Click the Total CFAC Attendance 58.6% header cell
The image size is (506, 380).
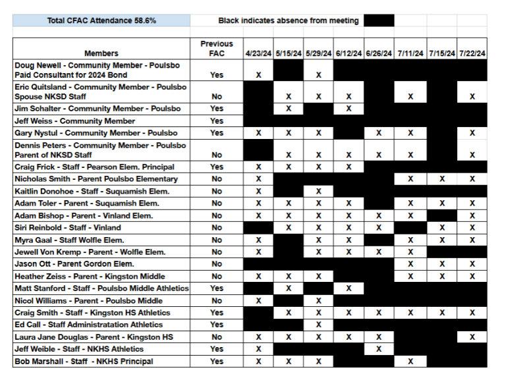click(x=101, y=20)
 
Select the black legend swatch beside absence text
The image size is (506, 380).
click(x=379, y=20)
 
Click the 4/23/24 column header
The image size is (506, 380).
click(x=258, y=53)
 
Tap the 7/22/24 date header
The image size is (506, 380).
click(x=472, y=53)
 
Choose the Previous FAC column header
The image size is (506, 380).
click(x=217, y=49)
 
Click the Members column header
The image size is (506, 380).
click(x=101, y=53)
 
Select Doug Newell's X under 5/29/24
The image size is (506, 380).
click(x=318, y=75)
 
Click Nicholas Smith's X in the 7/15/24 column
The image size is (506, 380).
click(x=441, y=178)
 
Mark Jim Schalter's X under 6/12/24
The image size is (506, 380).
click(x=349, y=108)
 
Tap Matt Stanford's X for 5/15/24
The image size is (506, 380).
click(x=289, y=288)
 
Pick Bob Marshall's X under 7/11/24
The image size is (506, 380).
click(x=410, y=361)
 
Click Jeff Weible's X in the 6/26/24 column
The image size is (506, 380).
click(x=379, y=349)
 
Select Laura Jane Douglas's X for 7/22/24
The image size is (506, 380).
click(x=472, y=337)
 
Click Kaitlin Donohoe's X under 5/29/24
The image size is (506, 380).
click(x=318, y=191)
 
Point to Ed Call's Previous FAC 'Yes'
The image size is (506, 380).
click(x=217, y=325)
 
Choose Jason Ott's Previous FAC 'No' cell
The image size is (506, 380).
click(x=217, y=263)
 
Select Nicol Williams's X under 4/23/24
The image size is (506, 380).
click(x=258, y=300)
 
